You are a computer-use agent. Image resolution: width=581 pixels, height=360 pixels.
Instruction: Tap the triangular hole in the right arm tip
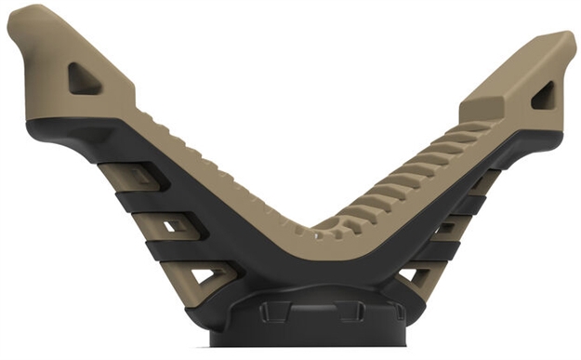tap(544, 96)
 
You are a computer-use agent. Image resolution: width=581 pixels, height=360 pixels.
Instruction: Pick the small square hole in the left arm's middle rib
tap(171, 226)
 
